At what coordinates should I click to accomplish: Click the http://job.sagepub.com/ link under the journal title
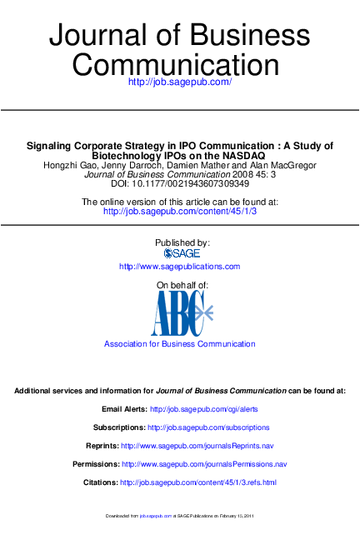[x=179, y=82]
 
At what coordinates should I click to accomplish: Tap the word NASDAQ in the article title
[x=243, y=155]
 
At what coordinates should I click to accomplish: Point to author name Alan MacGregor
[x=283, y=165]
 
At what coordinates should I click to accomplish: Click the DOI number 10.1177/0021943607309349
[x=194, y=183]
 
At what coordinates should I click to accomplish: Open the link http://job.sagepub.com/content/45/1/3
[x=179, y=212]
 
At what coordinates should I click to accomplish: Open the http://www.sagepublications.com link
[x=179, y=267]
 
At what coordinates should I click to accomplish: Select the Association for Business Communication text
[x=179, y=344]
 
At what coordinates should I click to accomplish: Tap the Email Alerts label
[x=124, y=410]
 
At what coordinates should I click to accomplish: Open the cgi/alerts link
[x=204, y=410]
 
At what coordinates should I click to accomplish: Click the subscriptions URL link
[x=202, y=427]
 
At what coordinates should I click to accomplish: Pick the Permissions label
[x=96, y=464]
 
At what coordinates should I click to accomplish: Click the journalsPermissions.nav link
[x=204, y=464]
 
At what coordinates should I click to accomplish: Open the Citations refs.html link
[x=198, y=482]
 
